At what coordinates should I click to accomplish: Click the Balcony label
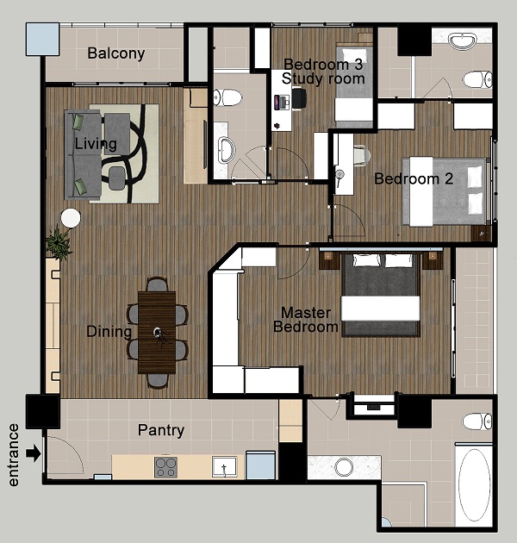point(116,53)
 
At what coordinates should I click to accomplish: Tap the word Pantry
point(161,430)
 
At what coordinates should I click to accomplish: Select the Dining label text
point(109,332)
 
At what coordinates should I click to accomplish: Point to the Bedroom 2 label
point(414,178)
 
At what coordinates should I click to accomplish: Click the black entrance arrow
point(34,453)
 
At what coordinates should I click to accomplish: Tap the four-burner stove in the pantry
point(165,467)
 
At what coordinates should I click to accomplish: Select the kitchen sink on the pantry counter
point(224,467)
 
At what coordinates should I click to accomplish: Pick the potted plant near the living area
point(59,241)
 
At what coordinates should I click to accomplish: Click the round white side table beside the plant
point(71,218)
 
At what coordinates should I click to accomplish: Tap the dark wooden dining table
point(157,333)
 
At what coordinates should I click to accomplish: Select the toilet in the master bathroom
point(477,421)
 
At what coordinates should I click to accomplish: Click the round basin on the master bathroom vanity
point(344,467)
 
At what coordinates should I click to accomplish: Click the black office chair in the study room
point(299,99)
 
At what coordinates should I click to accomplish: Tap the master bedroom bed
point(381,295)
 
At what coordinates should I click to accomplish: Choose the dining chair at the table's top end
point(157,284)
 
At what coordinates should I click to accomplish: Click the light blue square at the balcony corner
point(42,39)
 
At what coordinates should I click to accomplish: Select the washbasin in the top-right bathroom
point(463,41)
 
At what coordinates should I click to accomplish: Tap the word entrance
point(13,455)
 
